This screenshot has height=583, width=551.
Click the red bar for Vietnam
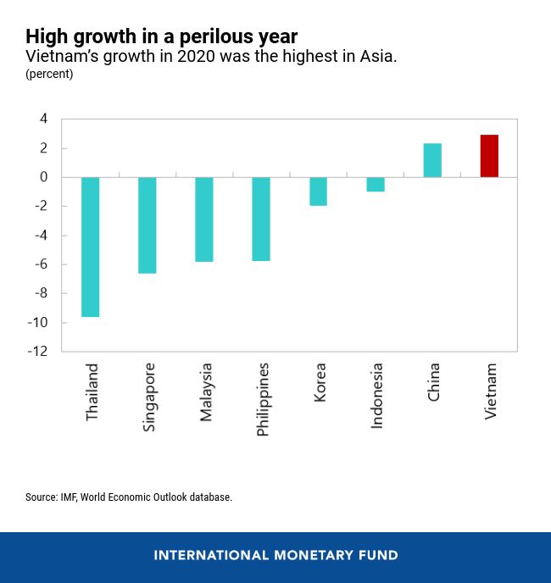[x=489, y=156]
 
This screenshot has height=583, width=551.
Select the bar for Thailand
[x=91, y=247]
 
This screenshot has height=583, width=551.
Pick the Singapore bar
[x=147, y=225]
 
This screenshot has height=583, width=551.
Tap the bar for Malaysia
[x=204, y=219]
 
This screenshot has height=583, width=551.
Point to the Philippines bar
[x=261, y=219]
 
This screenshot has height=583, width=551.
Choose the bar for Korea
[x=318, y=192]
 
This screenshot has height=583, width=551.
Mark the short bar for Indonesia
[x=375, y=184]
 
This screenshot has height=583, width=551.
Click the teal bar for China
[x=432, y=160]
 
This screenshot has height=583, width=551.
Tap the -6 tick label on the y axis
[x=40, y=264]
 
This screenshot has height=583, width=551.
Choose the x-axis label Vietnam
[x=491, y=391]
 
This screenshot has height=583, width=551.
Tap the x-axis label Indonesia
[x=377, y=396]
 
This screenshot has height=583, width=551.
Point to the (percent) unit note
[x=49, y=75]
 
